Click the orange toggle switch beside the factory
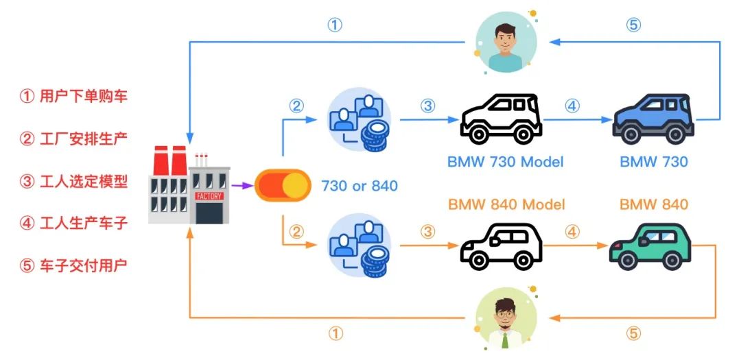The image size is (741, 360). tap(283, 185)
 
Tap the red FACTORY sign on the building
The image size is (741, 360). tap(209, 195)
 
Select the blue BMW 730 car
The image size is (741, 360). tap(653, 119)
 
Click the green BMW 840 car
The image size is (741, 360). tap(650, 247)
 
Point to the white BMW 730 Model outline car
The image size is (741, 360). tap(501, 118)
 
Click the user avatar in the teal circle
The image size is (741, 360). tap(506, 42)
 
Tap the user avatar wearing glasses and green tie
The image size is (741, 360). tap(506, 318)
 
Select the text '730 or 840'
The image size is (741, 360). tap(360, 186)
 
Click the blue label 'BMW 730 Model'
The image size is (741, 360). tap(506, 162)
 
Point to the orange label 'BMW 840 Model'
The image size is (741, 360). tap(506, 204)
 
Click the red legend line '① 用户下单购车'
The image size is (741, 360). tap(73, 97)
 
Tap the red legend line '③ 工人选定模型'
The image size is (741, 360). tap(73, 181)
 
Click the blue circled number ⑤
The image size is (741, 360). tap(633, 25)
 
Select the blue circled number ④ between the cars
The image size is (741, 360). tap(572, 106)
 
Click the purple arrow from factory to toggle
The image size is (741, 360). tap(242, 186)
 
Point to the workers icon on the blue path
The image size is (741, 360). tap(360, 120)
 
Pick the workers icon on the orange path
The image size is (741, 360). tap(360, 245)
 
